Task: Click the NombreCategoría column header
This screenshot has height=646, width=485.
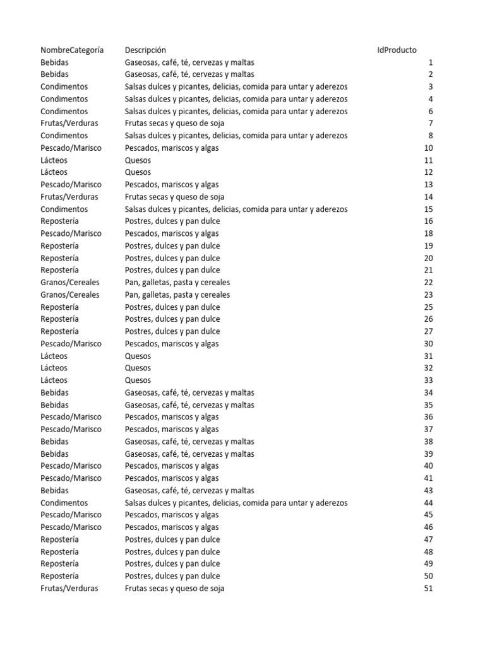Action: [x=72, y=50]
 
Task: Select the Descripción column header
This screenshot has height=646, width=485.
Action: [x=145, y=50]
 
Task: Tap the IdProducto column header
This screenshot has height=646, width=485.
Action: [x=397, y=50]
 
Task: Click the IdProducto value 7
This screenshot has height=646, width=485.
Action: [x=430, y=123]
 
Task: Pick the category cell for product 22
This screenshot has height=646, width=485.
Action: [x=69, y=282]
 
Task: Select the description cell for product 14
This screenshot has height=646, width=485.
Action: [x=174, y=197]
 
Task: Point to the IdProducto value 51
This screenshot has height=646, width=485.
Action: [x=428, y=589]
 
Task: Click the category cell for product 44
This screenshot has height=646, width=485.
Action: [x=64, y=503]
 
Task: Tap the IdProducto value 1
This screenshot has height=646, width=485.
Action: [x=430, y=62]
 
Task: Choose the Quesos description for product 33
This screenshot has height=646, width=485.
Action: [x=138, y=380]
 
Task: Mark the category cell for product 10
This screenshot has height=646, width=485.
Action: [x=71, y=148]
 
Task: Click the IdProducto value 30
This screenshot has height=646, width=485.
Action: [x=428, y=344]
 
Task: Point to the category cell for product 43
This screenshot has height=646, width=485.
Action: [x=54, y=490]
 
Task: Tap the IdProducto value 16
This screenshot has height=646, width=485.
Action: [x=428, y=221]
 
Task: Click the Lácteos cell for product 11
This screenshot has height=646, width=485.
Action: [x=54, y=160]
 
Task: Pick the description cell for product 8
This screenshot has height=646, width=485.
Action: [x=236, y=136]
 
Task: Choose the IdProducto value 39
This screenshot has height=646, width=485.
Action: [x=428, y=454]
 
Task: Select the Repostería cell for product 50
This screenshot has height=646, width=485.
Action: [x=59, y=576]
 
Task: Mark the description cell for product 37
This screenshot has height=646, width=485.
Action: [x=172, y=429]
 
